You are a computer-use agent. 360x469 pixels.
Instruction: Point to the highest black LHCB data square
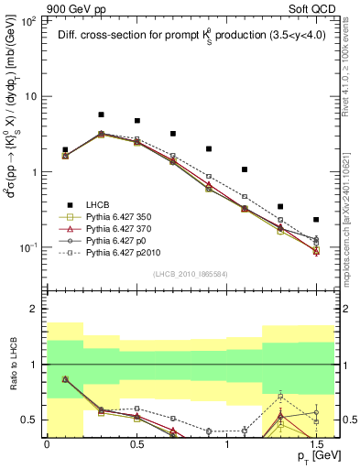tap(101, 115)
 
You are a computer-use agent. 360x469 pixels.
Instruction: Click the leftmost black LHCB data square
tap(65, 149)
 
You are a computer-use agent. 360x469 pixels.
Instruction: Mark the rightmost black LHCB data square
tap(316, 220)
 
